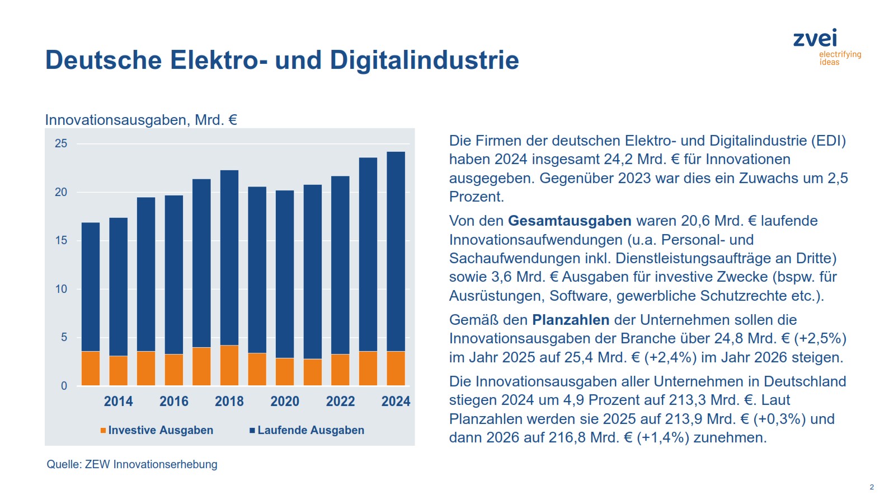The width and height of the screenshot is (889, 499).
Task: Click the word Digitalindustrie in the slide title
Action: tap(424, 60)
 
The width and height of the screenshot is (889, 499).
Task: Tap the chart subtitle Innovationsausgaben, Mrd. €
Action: tap(141, 120)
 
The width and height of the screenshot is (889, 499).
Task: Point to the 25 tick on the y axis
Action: tap(61, 143)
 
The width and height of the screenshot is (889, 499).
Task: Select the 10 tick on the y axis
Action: tap(61, 289)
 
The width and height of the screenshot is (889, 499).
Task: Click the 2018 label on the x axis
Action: tap(229, 401)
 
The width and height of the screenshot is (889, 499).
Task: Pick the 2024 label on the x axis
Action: tap(396, 401)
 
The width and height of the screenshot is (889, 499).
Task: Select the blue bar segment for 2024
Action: tap(396, 252)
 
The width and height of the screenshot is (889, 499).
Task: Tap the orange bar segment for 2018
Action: tap(229, 365)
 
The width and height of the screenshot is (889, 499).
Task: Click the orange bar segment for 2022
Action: tap(340, 370)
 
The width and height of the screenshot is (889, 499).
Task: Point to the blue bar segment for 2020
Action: tap(285, 274)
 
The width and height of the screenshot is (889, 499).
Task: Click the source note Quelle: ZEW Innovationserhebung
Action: tap(132, 464)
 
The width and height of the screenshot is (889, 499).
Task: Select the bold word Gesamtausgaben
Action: tap(570, 221)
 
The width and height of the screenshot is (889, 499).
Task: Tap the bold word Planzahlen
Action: tap(571, 320)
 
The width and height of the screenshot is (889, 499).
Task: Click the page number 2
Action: tap(872, 487)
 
